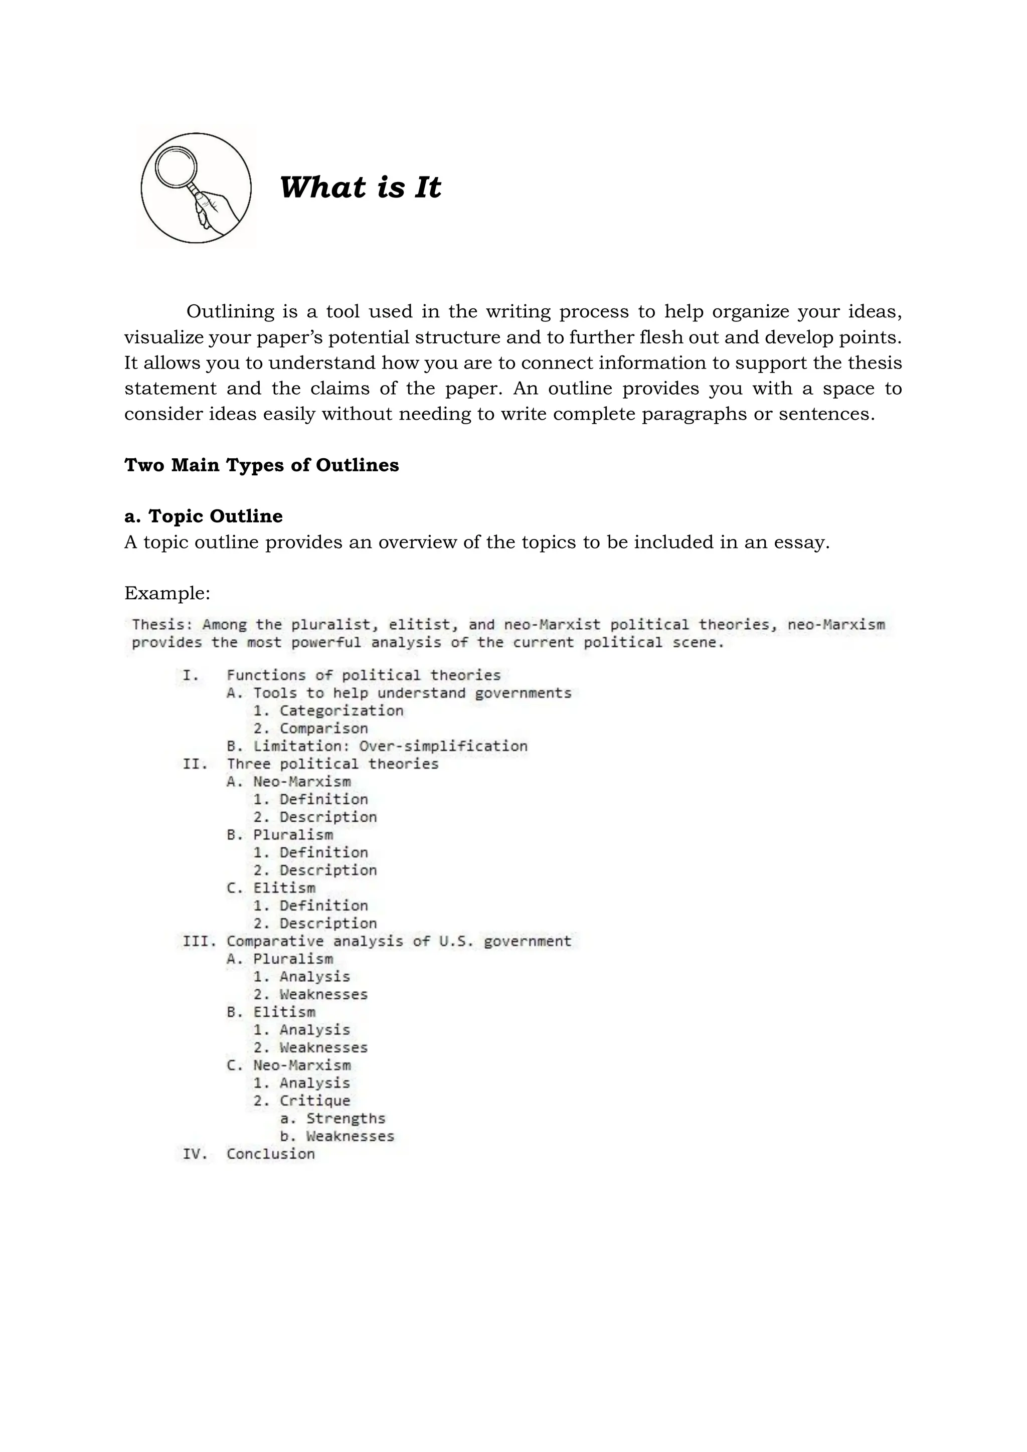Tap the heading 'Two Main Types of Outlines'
click(x=261, y=465)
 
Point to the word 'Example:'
click(x=167, y=593)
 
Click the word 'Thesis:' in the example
click(x=162, y=625)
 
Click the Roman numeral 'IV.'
click(x=195, y=1154)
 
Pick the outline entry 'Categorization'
click(x=341, y=711)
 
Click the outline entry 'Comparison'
click(x=323, y=729)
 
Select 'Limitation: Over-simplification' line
click(x=377, y=746)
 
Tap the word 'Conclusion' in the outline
click(x=271, y=1154)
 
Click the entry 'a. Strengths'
click(x=332, y=1118)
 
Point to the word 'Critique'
click(x=314, y=1101)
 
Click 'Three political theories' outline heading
click(x=332, y=764)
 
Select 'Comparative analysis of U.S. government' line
click(x=398, y=941)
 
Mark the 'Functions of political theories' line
click(x=363, y=675)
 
